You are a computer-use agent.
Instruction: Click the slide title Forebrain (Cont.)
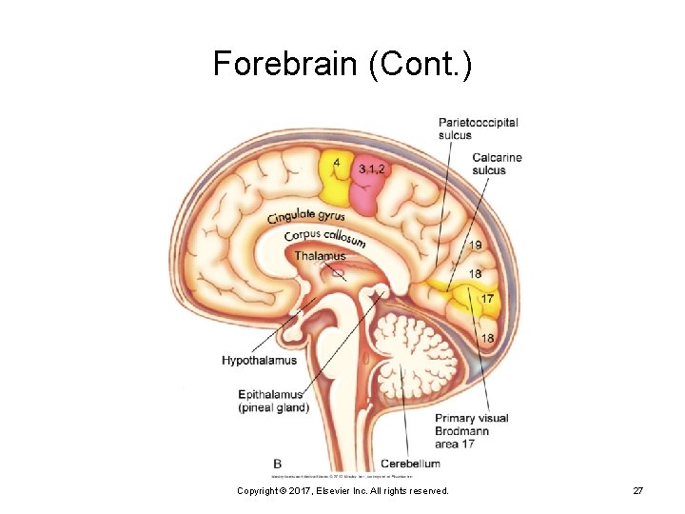342,64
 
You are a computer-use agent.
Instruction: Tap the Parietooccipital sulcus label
478,128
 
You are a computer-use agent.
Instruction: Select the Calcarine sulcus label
497,164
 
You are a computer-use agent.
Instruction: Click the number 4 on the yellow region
337,163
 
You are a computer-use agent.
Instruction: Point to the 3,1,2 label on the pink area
372,168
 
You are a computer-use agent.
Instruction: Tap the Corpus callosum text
324,236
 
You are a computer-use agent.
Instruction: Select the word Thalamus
320,256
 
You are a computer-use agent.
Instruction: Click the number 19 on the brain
475,246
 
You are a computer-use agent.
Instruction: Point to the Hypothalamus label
259,361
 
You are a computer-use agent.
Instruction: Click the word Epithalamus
270,395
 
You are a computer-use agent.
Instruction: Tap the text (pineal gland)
273,408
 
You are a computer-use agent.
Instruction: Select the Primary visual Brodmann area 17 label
471,431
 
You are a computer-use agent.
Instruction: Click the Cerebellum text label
410,464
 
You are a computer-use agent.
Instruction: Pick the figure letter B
277,464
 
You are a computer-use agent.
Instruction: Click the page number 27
638,489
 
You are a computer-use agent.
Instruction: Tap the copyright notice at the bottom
342,489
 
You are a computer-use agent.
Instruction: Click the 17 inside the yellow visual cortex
486,299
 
